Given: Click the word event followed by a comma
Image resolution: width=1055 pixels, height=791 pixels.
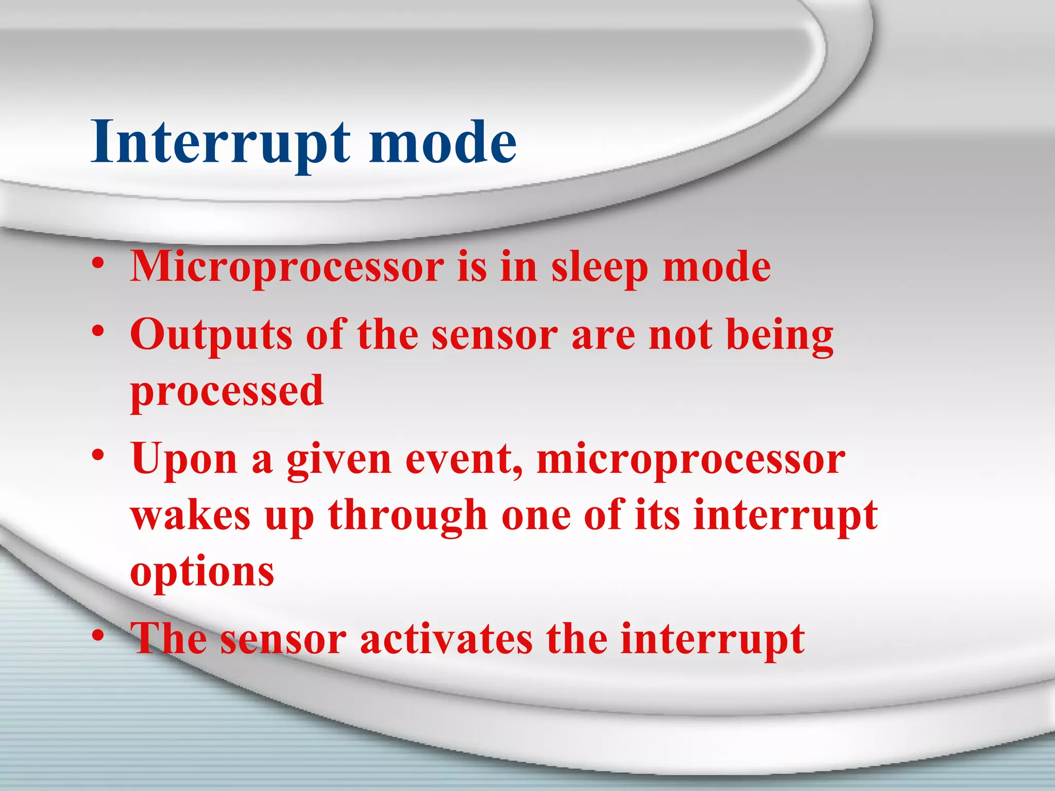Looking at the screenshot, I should tap(464, 460).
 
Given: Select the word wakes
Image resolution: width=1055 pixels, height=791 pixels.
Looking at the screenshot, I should tap(191, 516).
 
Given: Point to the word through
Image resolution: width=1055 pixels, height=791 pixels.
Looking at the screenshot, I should tap(407, 516).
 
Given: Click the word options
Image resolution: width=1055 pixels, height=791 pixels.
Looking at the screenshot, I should tap(202, 573).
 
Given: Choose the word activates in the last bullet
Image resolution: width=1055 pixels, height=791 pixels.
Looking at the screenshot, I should tap(446, 640).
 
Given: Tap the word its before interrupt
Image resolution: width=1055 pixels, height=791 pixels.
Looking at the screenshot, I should tap(657, 516).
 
